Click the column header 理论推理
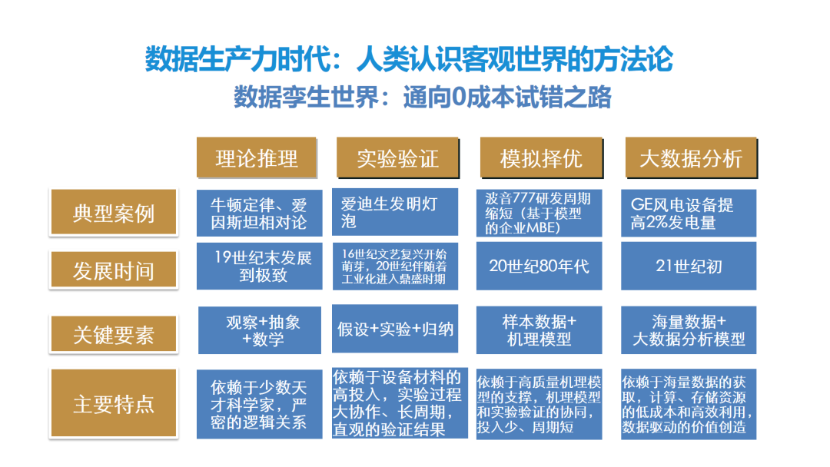(256, 158)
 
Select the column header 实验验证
(397, 158)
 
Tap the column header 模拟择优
(541, 158)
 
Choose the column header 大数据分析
(690, 158)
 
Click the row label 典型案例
(113, 213)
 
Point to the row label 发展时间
(113, 270)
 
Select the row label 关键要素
(113, 334)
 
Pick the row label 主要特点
(113, 404)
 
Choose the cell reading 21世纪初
(688, 267)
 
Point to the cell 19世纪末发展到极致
(259, 266)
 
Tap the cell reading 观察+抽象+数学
(259, 330)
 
